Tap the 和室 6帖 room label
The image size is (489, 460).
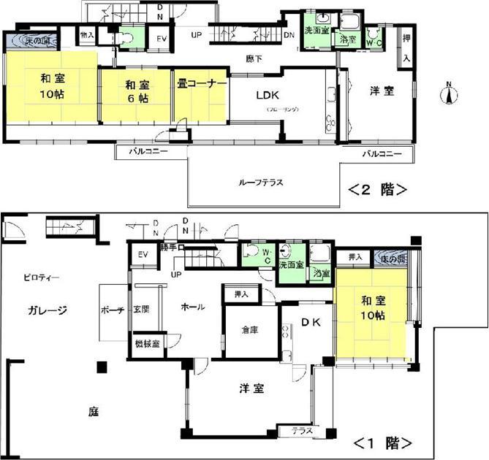tap(135, 91)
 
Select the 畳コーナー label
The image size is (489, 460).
tap(200, 84)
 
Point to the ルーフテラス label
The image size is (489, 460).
tap(260, 183)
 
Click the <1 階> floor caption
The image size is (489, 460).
tap(383, 442)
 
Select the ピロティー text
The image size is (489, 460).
tap(40, 277)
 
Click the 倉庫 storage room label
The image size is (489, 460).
tap(251, 330)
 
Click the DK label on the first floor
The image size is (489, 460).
tap(307, 321)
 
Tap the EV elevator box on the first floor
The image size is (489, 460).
tap(143, 256)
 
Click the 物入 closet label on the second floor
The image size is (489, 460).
tap(87, 34)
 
